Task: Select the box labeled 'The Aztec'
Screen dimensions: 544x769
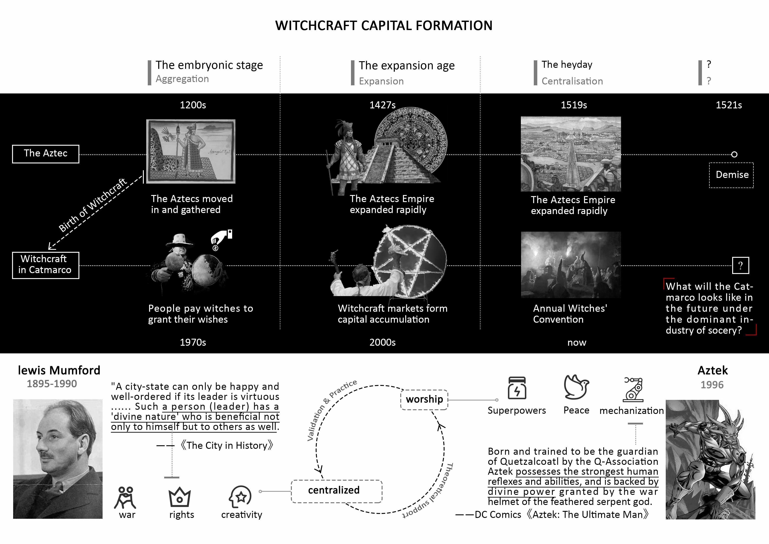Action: pos(46,154)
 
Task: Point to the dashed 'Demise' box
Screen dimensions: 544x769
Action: pos(732,175)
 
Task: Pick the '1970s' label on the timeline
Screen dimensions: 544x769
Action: pos(193,342)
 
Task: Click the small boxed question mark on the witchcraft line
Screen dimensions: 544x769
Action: pos(740,265)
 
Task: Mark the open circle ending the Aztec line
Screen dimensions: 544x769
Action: pos(734,154)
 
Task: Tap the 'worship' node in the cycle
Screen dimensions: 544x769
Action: pos(424,399)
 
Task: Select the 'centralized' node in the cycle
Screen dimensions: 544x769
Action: pos(336,491)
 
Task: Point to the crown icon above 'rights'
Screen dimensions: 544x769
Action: pos(180,497)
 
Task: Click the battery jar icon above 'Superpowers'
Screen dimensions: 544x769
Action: pos(517,388)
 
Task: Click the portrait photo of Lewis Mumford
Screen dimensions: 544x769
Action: pos(58,459)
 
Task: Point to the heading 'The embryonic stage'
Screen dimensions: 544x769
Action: pos(209,65)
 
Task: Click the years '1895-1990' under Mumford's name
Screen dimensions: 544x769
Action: pos(52,384)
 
